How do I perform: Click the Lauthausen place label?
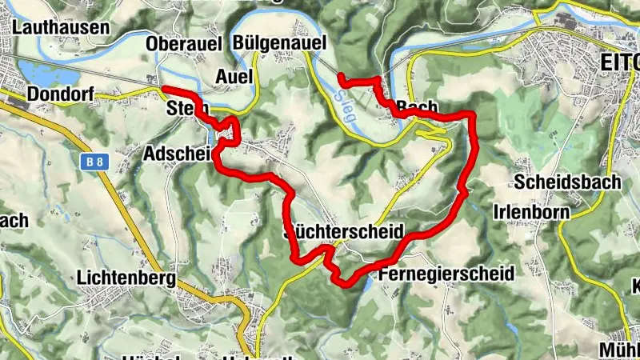[61, 27]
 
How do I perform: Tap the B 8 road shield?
[94, 162]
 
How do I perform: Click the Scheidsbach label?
[568, 182]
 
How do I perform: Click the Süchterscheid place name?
[345, 234]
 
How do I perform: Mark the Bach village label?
[417, 106]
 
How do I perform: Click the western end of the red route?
[164, 88]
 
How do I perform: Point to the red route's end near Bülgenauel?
[342, 77]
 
